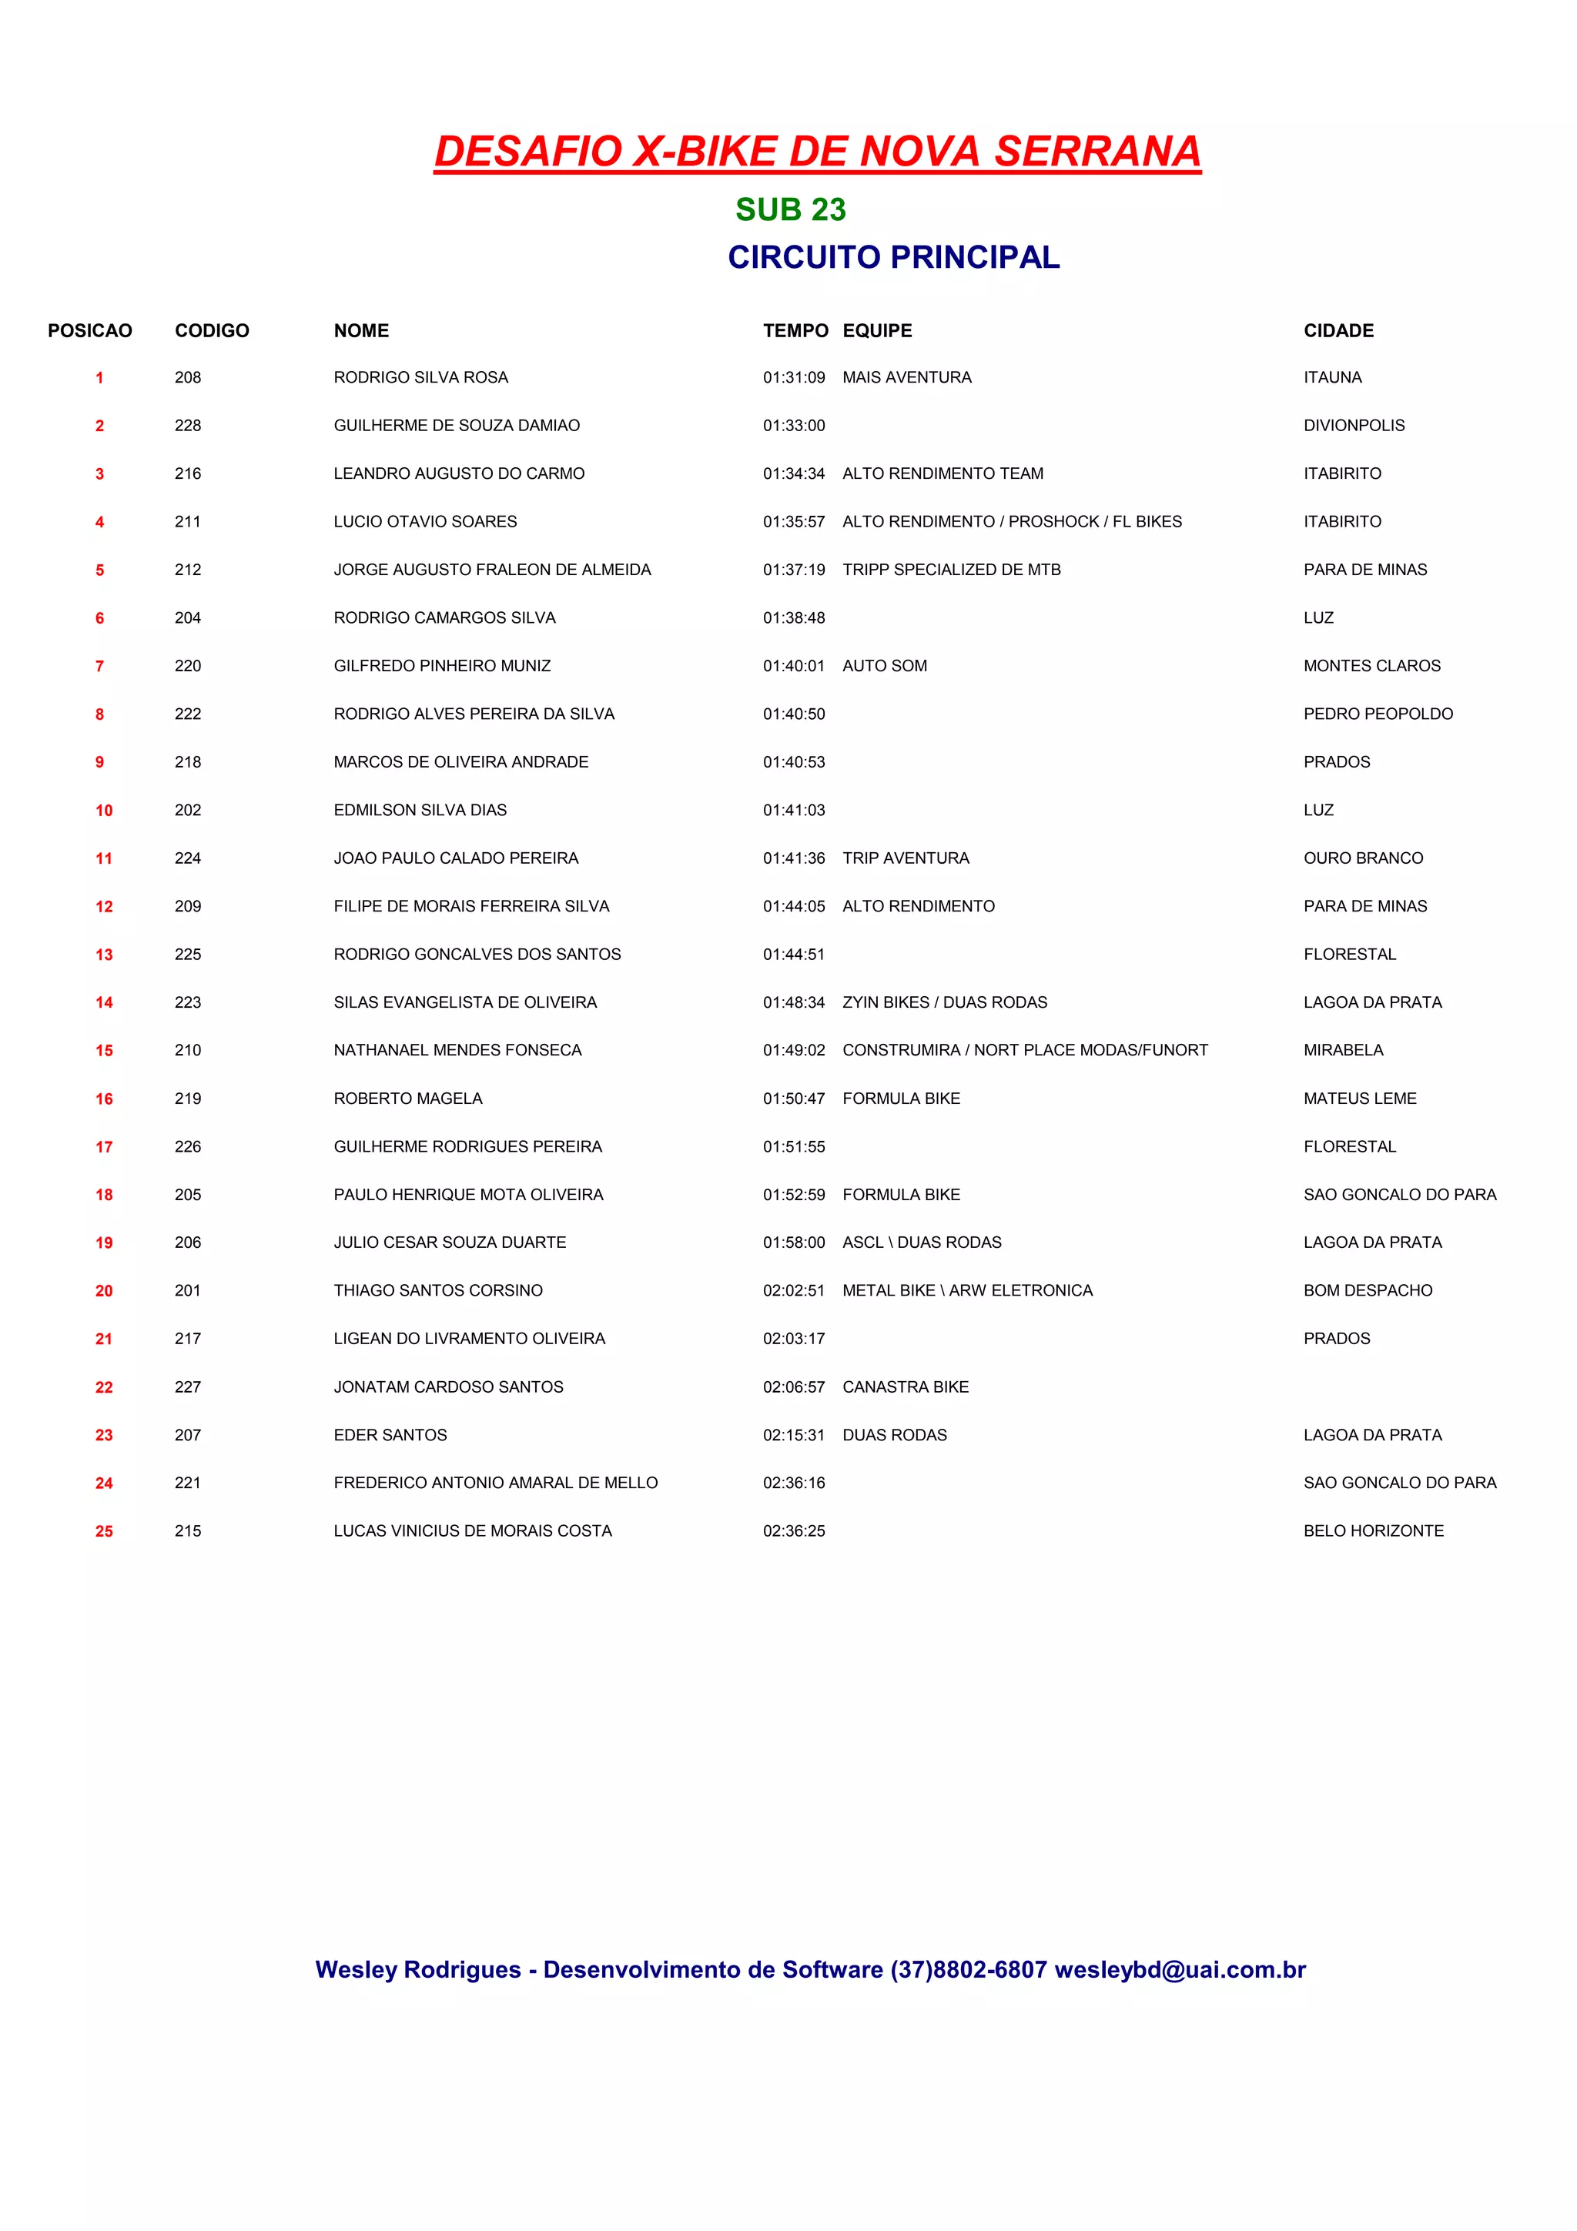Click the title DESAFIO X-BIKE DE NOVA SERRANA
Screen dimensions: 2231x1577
pos(817,152)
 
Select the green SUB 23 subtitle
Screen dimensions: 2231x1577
pos(790,210)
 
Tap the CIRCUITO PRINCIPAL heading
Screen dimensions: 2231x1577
pos(893,257)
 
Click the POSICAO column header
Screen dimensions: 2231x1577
pos(89,331)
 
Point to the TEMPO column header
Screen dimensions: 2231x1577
pos(795,331)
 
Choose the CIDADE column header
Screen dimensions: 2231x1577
pos(1338,331)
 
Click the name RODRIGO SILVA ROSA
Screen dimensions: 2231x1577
pos(420,378)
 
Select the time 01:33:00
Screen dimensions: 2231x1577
pos(793,426)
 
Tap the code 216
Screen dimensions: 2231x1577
pos(188,474)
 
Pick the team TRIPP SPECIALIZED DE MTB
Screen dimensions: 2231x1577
pos(951,570)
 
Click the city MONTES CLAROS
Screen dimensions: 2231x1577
pos(1372,667)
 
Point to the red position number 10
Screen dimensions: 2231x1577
pos(104,811)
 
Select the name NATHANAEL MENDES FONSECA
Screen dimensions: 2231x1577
pos(457,1050)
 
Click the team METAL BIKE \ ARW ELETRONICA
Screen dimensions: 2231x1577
pos(967,1291)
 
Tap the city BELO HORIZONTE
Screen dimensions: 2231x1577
pos(1373,1531)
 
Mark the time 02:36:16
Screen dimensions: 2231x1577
pos(793,1483)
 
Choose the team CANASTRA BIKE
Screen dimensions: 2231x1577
pos(905,1387)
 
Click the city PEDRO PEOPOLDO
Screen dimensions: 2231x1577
pos(1378,714)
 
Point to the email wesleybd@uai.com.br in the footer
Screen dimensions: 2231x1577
pos(1180,1969)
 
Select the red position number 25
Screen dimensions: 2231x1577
pos(104,1532)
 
